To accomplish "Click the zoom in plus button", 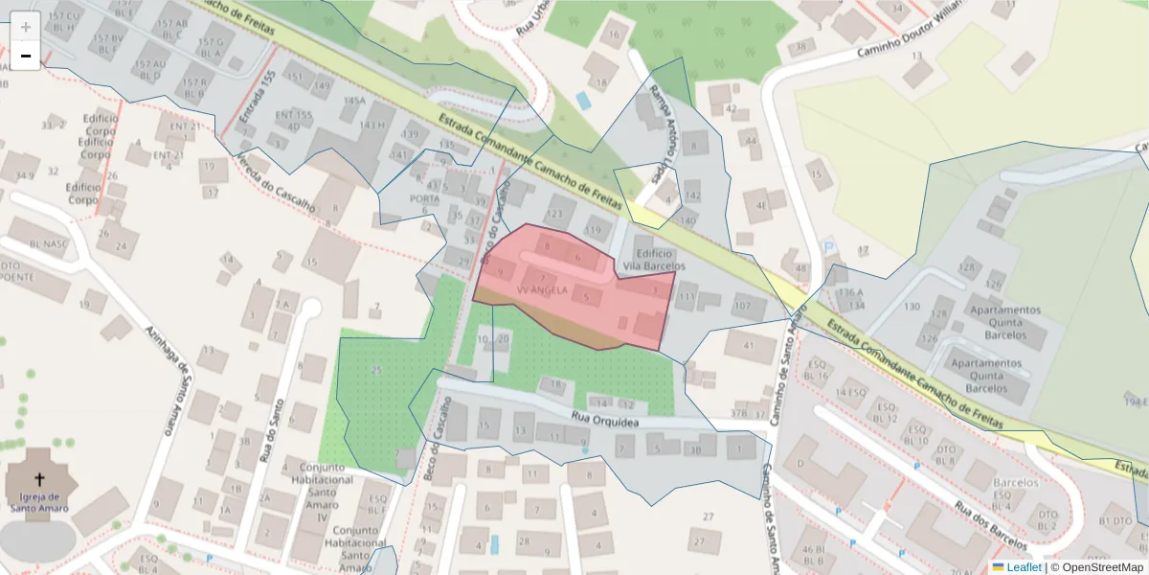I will pos(26,26).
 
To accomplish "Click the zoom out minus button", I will pos(26,56).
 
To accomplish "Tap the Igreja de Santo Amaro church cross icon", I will pos(40,478).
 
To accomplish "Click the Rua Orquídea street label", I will pos(604,418).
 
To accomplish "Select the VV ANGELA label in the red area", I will pos(543,288).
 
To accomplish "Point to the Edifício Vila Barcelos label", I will pos(654,259).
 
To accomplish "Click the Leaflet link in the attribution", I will pos(1024,567).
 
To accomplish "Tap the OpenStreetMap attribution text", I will pos(1096,567).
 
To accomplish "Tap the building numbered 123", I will pos(554,214).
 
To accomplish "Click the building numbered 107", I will pos(742,307).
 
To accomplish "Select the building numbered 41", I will pos(748,346).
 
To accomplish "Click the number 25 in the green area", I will pos(376,370).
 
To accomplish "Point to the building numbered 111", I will pos(686,298).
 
